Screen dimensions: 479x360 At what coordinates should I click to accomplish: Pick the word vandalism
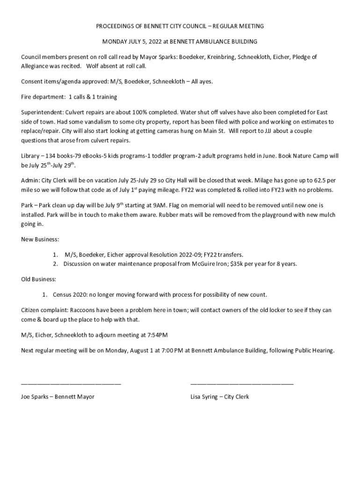point(78,122)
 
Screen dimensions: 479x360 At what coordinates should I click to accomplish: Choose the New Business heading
point(40,239)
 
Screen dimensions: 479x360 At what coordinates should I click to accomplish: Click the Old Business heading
point(39,279)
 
